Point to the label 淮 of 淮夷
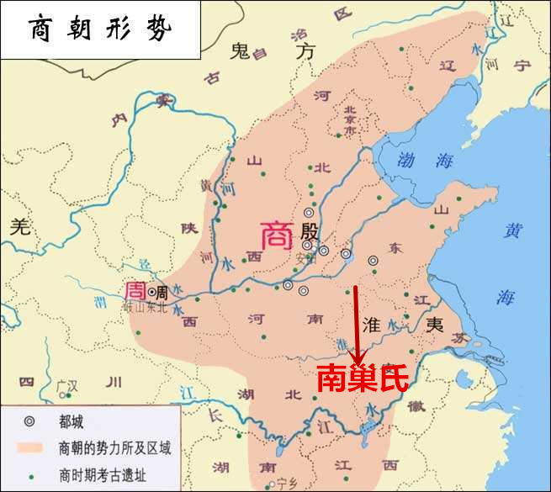point(372,324)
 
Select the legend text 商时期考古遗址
point(103,473)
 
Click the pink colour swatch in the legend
point(30,447)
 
